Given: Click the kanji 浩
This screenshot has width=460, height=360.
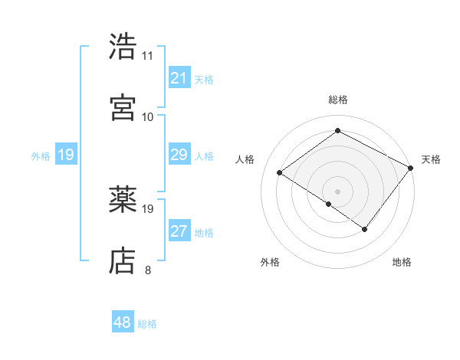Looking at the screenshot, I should [x=123, y=46].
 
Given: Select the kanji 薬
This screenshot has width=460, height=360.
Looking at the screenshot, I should [x=123, y=200].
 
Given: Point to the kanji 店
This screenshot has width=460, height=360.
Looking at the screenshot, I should [x=123, y=260].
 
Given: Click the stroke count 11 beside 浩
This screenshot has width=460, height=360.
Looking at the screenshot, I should [x=147, y=56].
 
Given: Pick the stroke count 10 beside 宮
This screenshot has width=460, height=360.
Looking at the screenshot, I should [x=147, y=116].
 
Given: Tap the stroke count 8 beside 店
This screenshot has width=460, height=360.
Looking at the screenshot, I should [x=147, y=270].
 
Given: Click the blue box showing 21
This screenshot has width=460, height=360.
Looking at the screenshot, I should [x=179, y=78].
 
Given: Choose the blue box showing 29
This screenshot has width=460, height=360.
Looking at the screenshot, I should [x=179, y=155].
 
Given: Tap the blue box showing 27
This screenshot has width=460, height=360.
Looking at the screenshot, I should [x=179, y=231].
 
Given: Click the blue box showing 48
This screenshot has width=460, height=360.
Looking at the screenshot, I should [x=123, y=322].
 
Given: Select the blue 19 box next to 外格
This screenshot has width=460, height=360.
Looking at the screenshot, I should [x=66, y=155].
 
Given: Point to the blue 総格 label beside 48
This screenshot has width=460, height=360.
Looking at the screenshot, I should [x=147, y=324].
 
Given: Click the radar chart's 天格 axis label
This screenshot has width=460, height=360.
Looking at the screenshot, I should [x=431, y=159].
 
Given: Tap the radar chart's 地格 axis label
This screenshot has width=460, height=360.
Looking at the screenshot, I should [x=402, y=262].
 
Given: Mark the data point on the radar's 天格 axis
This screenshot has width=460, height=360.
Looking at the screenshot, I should [x=411, y=167].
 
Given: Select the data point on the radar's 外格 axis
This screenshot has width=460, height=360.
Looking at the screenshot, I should [x=329, y=204].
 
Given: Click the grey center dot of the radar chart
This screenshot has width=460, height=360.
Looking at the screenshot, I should [x=337, y=191].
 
